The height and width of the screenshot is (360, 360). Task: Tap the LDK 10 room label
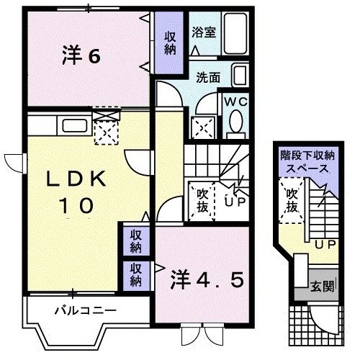(73, 191)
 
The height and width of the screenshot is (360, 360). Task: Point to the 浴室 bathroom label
(203, 32)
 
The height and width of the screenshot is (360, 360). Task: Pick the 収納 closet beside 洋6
(170, 43)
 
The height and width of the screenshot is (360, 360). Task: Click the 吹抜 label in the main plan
(202, 199)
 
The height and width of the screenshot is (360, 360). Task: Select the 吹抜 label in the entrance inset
(292, 199)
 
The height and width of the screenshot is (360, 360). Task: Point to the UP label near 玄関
(324, 245)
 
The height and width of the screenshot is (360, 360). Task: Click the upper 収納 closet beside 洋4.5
(135, 240)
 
